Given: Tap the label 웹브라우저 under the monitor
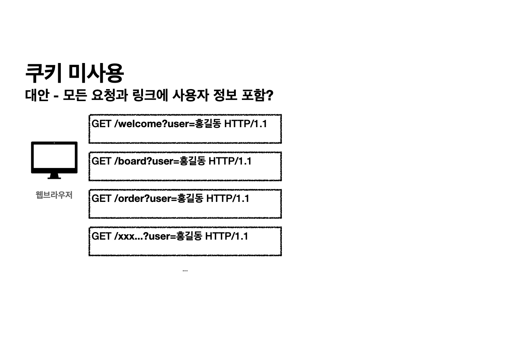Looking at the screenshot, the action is click(54, 195).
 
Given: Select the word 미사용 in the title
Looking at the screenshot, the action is click(96, 73).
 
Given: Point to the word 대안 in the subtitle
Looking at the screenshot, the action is click(37, 95).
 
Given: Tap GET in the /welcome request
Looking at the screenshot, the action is click(101, 124).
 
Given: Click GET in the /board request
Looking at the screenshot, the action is click(101, 161).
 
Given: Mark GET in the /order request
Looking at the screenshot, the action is click(101, 198).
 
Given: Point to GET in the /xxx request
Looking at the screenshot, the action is click(101, 236).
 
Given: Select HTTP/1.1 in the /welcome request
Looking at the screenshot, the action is click(245, 124).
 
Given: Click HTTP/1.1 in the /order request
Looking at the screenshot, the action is click(228, 198).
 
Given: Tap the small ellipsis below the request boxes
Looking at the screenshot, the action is click(185, 271).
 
